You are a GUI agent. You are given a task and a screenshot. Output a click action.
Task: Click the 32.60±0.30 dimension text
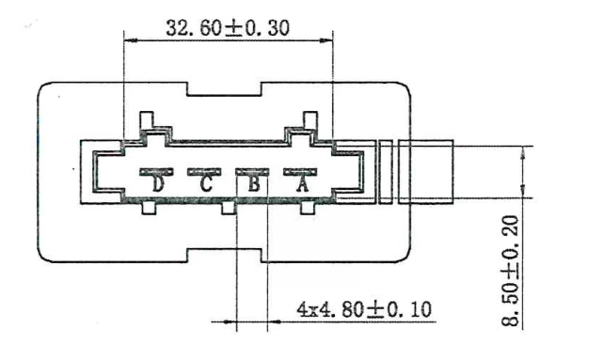point(228,28)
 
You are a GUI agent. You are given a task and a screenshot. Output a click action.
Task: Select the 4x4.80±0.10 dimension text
point(364,309)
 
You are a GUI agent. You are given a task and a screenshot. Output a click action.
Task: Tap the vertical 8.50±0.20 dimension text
point(510,271)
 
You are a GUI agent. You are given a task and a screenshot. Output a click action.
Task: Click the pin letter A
point(302,184)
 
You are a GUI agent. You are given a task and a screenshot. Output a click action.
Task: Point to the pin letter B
point(254,184)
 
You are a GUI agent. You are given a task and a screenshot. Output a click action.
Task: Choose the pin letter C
point(206,184)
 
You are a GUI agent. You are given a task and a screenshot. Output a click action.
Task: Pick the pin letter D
point(158,184)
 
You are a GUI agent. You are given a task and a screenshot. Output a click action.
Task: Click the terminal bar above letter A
point(300,172)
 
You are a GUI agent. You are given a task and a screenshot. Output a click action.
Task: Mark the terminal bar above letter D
point(156,172)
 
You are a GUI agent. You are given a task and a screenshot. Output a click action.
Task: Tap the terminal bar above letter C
point(204,172)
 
